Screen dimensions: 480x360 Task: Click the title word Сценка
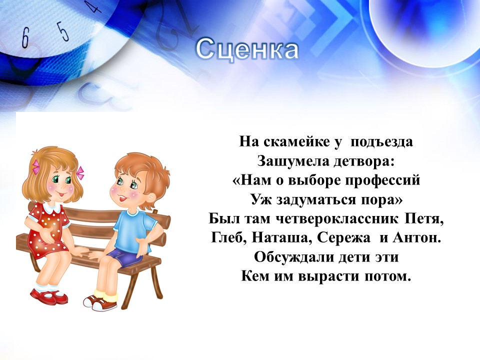point(246,49)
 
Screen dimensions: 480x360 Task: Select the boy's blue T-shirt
point(132,231)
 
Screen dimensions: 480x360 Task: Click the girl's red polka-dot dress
point(49,229)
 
